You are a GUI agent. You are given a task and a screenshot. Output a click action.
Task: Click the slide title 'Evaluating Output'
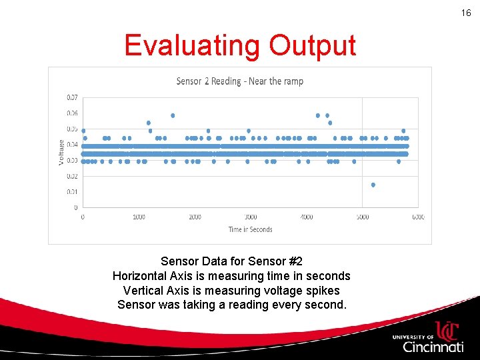point(240,46)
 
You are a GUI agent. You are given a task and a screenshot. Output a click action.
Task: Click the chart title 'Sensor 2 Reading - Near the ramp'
point(239,81)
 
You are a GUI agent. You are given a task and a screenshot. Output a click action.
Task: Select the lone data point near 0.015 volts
point(373,185)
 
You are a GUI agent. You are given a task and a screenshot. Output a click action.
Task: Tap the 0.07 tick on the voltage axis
point(71,97)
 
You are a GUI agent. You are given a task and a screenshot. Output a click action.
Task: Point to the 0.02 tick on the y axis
point(71,176)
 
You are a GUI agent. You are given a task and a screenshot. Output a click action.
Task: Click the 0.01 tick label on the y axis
point(71,192)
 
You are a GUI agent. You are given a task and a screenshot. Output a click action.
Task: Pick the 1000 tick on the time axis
point(139,217)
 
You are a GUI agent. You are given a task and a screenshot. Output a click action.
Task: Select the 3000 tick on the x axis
point(251,217)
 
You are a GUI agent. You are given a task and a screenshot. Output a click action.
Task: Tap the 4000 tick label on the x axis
point(307,217)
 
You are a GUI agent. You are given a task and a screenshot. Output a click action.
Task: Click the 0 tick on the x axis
point(83,217)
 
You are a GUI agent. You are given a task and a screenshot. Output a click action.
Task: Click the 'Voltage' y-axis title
point(61,152)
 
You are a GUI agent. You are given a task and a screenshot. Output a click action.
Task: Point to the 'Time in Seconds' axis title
point(250,229)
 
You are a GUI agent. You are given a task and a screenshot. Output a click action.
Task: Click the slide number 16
point(466,13)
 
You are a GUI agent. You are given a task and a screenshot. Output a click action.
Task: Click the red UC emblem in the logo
point(446,331)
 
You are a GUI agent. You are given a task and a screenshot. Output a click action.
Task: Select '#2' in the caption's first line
point(294,261)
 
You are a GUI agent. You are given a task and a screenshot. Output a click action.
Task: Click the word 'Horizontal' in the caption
point(138,276)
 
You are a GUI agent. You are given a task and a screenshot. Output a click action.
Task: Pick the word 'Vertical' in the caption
point(143,291)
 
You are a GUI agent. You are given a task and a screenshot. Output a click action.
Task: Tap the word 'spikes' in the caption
point(323,291)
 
